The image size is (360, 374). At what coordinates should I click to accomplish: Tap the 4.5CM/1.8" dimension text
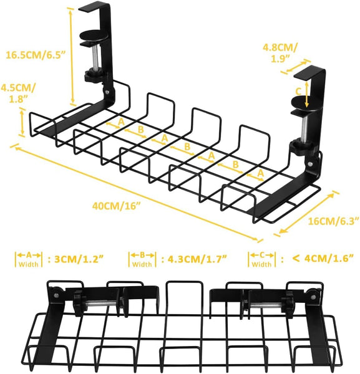18,93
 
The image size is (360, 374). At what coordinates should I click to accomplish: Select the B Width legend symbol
142,259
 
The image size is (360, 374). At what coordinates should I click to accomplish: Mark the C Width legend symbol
261,259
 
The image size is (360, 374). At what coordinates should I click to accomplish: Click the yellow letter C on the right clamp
298,90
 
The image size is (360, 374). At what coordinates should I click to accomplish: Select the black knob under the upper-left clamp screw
94,77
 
